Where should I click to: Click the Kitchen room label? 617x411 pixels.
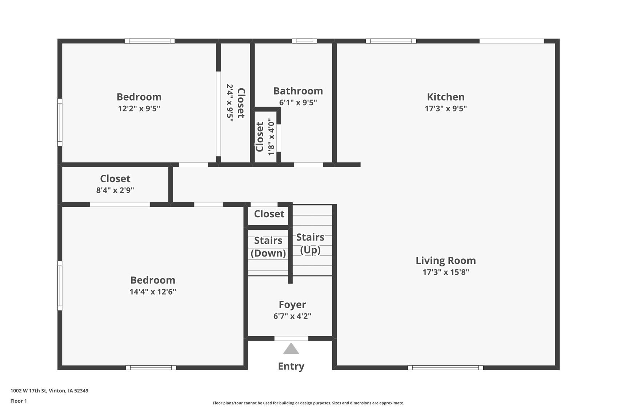(x=445, y=97)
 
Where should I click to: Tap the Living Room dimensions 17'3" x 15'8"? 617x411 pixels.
(x=445, y=272)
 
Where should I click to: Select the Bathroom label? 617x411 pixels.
(x=298, y=91)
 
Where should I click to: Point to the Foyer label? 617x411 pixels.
(x=292, y=305)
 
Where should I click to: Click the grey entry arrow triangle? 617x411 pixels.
(x=291, y=349)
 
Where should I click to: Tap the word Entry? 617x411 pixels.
(x=291, y=366)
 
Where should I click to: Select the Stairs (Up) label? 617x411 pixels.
(x=310, y=243)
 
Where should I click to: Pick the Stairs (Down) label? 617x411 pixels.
(x=268, y=247)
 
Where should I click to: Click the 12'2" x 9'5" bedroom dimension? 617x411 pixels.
(x=139, y=109)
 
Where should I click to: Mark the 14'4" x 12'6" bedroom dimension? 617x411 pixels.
(x=152, y=292)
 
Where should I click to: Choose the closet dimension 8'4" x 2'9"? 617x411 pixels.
(x=115, y=190)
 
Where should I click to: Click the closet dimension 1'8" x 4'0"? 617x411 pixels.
(x=271, y=137)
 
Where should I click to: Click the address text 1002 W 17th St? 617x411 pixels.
(x=49, y=391)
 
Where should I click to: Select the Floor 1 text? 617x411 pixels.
(x=19, y=401)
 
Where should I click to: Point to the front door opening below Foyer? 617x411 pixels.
(x=291, y=339)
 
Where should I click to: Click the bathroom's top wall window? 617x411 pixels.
(x=304, y=41)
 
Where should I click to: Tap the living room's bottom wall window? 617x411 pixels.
(x=445, y=368)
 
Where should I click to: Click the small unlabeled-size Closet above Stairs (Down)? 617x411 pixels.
(x=269, y=214)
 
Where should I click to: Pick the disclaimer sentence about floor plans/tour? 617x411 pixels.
(x=308, y=403)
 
